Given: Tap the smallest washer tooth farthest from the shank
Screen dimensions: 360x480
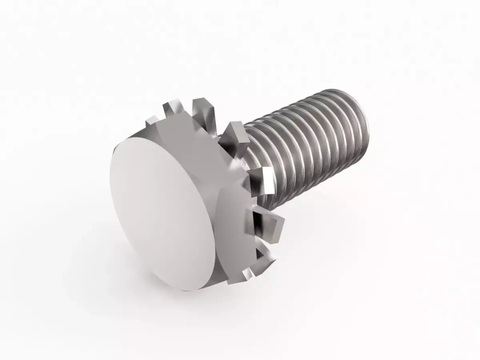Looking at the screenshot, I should pyautogui.click(x=151, y=120).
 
